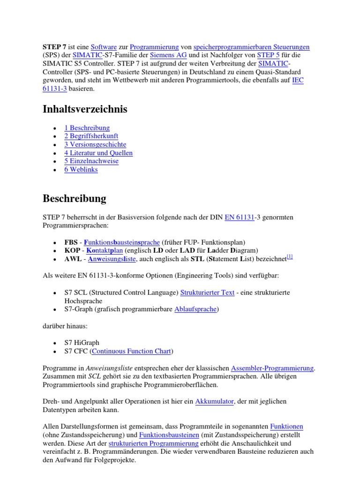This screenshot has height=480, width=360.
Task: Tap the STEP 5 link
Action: click(x=269, y=55)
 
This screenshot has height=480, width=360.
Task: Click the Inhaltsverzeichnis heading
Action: click(x=85, y=109)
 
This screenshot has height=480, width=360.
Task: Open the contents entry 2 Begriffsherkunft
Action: click(x=91, y=136)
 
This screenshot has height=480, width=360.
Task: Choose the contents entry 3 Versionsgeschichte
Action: click(x=95, y=144)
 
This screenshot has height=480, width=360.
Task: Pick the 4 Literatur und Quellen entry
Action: click(x=98, y=153)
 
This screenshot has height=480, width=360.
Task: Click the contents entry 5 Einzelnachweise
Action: click(x=91, y=161)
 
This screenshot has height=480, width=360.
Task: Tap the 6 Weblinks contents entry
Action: click(x=81, y=169)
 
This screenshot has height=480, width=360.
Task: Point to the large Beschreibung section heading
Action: click(x=75, y=198)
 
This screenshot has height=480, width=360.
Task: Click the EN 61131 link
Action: click(x=240, y=217)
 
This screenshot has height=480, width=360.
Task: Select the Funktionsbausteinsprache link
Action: click(x=122, y=242)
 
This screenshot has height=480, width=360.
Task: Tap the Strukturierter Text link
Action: click(x=207, y=292)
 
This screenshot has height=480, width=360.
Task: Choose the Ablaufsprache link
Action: click(x=195, y=309)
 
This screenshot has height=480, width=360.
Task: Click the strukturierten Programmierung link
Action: click(x=154, y=443)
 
